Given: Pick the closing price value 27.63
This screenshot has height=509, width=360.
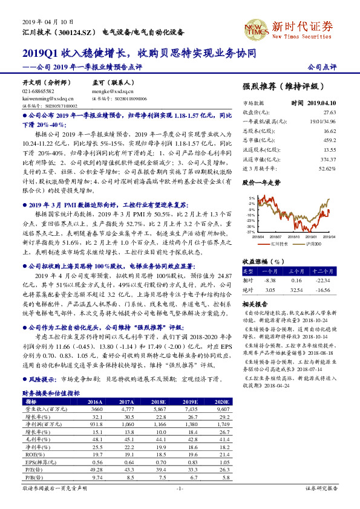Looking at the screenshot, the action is pos(329,112).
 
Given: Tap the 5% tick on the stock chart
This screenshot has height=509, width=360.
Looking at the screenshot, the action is pos(251,198).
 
